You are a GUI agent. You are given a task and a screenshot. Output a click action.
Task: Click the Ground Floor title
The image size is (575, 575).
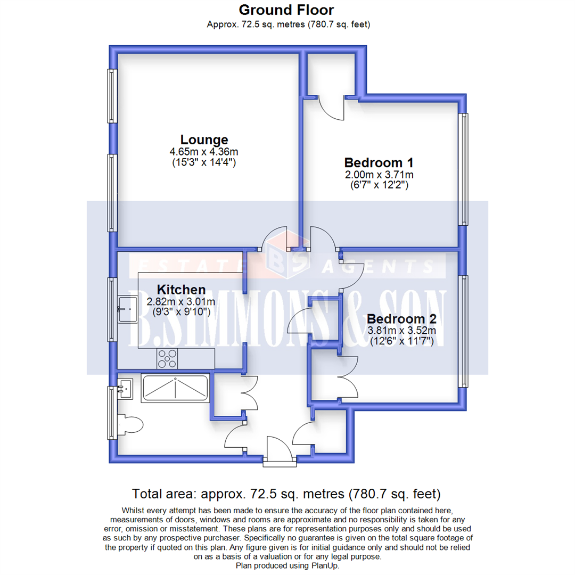click(x=286, y=10)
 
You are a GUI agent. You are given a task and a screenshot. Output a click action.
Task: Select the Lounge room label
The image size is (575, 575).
click(x=204, y=139)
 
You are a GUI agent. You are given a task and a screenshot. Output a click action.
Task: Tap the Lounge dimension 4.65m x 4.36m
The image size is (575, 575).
click(x=204, y=152)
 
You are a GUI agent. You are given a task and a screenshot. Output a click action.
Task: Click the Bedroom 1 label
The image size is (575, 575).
click(x=379, y=162)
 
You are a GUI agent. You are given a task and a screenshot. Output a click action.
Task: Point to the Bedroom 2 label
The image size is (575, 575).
click(x=401, y=319)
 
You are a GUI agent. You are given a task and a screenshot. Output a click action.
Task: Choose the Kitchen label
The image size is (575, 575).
click(x=181, y=290)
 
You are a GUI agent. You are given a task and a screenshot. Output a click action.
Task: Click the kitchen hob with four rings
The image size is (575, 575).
click(x=167, y=359)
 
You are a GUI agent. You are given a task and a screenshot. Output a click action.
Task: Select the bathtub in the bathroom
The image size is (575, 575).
click(x=175, y=388)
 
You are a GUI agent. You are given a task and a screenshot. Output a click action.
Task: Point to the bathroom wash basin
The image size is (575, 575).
click(x=126, y=388)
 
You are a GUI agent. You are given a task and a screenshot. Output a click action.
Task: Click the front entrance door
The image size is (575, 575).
click(x=278, y=453)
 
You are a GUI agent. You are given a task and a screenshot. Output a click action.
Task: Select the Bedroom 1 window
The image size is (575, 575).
click(x=464, y=169)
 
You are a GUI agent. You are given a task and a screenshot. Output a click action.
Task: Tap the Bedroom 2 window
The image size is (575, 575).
click(x=464, y=331)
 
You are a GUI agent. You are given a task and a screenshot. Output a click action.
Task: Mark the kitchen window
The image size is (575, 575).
click(x=112, y=309)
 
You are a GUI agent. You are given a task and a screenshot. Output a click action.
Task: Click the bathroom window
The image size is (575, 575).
click(x=112, y=413)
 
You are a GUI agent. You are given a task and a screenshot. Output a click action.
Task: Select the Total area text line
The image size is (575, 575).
click(x=286, y=492)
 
